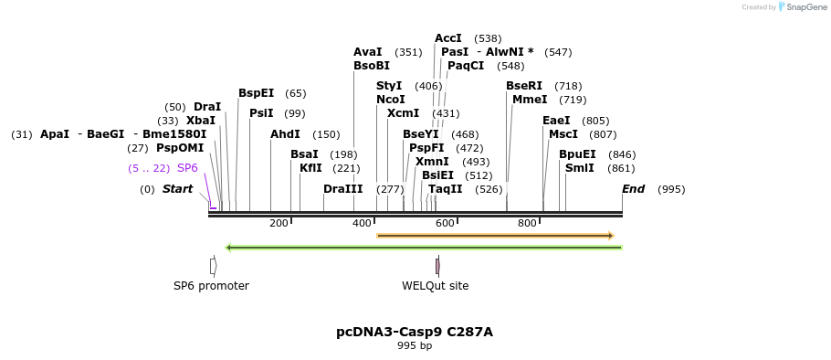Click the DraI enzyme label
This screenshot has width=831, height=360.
pyautogui.click(x=207, y=107)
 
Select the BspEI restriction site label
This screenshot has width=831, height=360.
pyautogui.click(x=256, y=93)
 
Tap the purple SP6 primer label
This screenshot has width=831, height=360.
pyautogui.click(x=187, y=168)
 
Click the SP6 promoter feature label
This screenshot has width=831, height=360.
pyautogui.click(x=211, y=286)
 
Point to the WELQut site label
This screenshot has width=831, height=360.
pyautogui.click(x=435, y=286)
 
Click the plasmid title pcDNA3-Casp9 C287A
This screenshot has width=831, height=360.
pyautogui.click(x=415, y=332)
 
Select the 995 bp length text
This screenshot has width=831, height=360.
pyautogui.click(x=415, y=346)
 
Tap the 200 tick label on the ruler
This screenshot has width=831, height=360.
pyautogui.click(x=279, y=223)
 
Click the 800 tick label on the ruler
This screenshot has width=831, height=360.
pyautogui.click(x=527, y=223)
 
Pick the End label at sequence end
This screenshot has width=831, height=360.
pyautogui.click(x=633, y=189)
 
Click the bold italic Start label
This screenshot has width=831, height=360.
pyautogui.click(x=177, y=189)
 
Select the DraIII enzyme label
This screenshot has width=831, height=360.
pyautogui.click(x=342, y=189)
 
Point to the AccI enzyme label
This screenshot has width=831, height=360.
pyautogui.click(x=447, y=38)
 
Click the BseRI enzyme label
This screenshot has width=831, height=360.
pyautogui.click(x=523, y=86)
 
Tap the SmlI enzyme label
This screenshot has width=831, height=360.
pyautogui.click(x=579, y=168)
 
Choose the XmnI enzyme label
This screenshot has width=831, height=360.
pyautogui.click(x=433, y=162)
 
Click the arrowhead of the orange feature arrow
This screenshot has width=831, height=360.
pyautogui.click(x=610, y=236)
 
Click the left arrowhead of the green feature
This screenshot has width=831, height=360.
pyautogui.click(x=229, y=247)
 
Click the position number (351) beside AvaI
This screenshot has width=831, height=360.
pyautogui.click(x=408, y=52)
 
